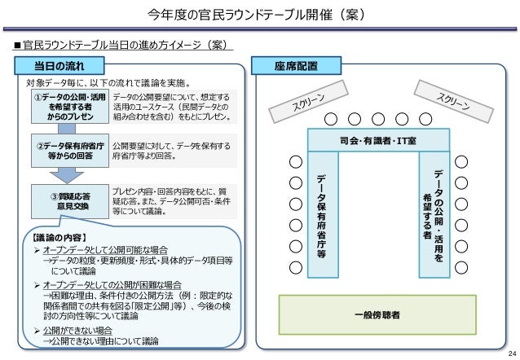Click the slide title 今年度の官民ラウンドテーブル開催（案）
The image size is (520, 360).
tap(259, 15)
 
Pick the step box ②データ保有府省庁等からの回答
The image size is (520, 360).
tap(70, 151)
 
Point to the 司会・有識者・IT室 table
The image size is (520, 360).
tap(378, 139)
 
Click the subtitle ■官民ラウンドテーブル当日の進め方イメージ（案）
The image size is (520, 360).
tap(121, 43)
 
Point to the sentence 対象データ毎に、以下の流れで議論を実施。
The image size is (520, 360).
tap(108, 82)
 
